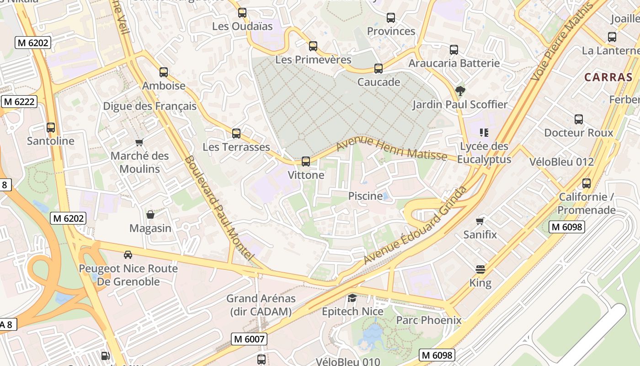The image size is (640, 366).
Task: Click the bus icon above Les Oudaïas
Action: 242,13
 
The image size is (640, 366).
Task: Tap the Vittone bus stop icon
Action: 306,161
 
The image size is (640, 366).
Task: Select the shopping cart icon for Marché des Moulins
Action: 139,142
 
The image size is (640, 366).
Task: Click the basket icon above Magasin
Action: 150,215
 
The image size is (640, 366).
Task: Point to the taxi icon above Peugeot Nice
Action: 128,255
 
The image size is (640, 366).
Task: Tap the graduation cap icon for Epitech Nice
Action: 352,298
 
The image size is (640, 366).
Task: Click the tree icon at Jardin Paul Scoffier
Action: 460,91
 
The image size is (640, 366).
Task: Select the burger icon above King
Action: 480,269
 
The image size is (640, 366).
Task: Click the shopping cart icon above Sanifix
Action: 480,221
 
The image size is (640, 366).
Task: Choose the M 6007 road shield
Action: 249,339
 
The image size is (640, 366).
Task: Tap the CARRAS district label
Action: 608,77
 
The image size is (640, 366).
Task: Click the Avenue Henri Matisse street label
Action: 392,149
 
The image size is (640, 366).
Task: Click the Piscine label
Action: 365,196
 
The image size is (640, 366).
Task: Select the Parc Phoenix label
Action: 428,320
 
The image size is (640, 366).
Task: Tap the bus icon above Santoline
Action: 51,128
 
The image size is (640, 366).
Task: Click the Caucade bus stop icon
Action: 379,69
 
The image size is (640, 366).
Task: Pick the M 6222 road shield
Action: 19,102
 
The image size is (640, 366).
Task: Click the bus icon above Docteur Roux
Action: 579,119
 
